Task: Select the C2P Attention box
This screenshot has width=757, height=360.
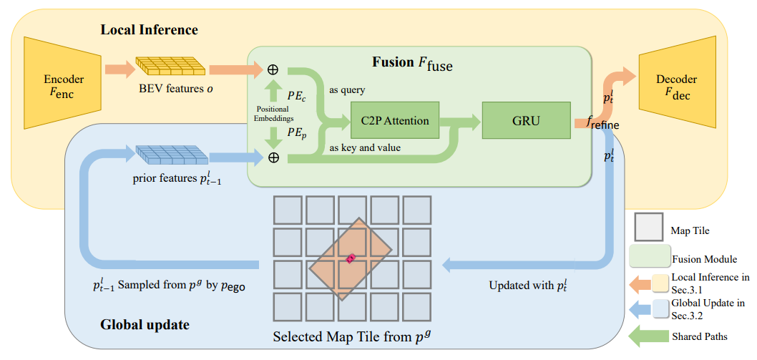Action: point(395,120)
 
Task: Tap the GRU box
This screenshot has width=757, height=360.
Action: point(526,120)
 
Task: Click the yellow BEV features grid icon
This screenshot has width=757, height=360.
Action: point(172,67)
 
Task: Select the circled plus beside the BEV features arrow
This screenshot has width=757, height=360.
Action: point(273,69)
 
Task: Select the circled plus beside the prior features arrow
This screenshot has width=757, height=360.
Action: point(273,157)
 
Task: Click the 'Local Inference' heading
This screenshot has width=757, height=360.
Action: point(149,30)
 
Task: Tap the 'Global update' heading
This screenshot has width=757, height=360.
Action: point(145,325)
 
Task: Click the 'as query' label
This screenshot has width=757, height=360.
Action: point(346,90)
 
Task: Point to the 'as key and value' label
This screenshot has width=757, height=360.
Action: point(364,148)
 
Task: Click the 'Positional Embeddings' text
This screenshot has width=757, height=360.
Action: point(273,114)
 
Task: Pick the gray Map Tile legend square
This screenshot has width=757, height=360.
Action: point(648,226)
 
